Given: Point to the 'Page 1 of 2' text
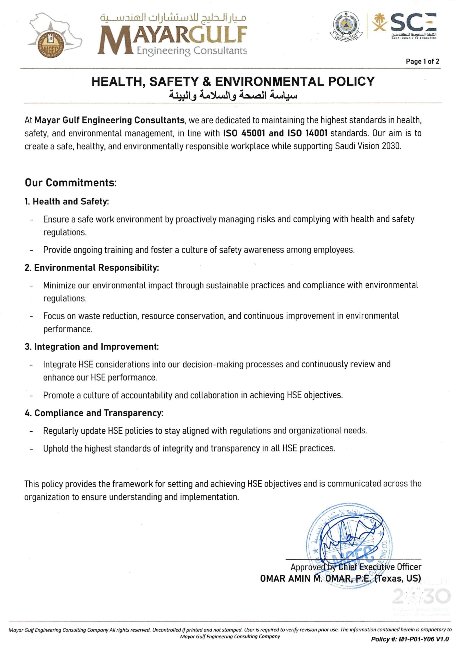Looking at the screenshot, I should tap(422, 61).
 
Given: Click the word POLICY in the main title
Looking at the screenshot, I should tap(351, 81).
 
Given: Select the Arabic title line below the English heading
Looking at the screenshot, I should tap(233, 95).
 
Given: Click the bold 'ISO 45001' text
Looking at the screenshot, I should tap(244, 133).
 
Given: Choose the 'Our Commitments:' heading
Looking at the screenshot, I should tap(71, 182).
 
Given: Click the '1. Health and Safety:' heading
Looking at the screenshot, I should tap(67, 202).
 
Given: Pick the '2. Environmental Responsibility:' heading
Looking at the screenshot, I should tap(92, 268).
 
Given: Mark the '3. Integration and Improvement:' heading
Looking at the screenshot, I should tap(92, 347).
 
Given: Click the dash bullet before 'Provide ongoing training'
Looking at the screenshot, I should tap(31, 250).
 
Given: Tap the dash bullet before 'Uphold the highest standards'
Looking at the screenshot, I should tap(31, 449).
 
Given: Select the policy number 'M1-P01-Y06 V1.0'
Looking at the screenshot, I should tap(423, 639).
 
